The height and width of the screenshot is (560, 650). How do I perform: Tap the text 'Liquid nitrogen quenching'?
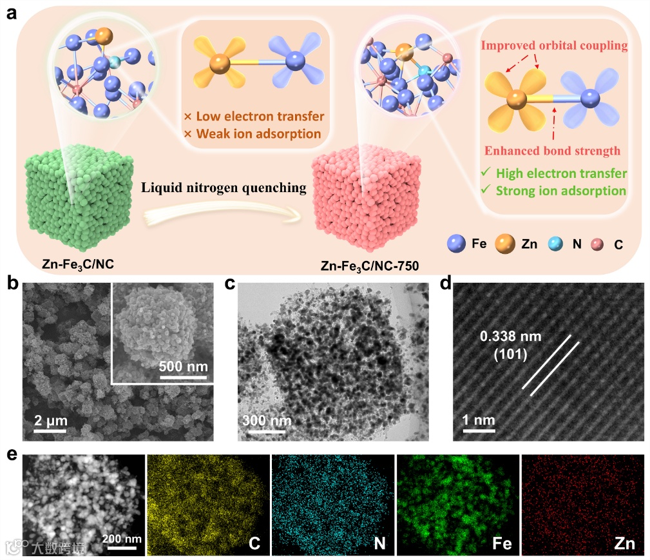[222, 188]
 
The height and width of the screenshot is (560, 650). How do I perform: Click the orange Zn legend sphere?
[504, 244]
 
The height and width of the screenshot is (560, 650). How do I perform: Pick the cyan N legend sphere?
[555, 244]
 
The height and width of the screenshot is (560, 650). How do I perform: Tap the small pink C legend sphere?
[598, 245]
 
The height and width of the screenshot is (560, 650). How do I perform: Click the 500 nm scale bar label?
[184, 367]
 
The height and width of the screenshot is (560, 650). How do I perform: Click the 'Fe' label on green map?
[502, 543]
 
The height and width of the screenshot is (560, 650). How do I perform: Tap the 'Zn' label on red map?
[624, 543]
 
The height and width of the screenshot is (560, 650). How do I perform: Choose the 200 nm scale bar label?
[122, 538]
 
